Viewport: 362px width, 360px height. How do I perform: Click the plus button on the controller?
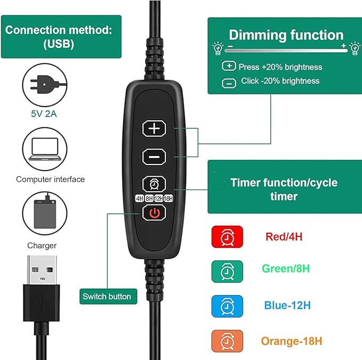pyautogui.click(x=154, y=128)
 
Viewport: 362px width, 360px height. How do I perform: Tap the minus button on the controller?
pyautogui.click(x=154, y=157)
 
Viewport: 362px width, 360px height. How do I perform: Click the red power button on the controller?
pyautogui.click(x=154, y=212)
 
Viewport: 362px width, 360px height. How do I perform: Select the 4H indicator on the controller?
pyautogui.click(x=140, y=198)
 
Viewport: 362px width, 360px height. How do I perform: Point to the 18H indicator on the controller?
pyautogui.click(x=168, y=198)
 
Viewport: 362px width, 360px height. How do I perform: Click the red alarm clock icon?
pyautogui.click(x=227, y=237)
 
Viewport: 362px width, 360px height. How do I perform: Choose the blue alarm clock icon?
pyautogui.click(x=227, y=306)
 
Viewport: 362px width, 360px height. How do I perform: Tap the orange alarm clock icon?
pyautogui.click(x=227, y=341)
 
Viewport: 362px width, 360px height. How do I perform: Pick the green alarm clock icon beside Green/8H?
pyautogui.click(x=227, y=272)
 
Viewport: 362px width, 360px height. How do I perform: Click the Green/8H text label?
pyautogui.click(x=286, y=269)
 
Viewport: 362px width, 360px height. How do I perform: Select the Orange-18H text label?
pyautogui.click(x=292, y=341)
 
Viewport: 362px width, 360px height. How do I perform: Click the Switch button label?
pyautogui.click(x=107, y=296)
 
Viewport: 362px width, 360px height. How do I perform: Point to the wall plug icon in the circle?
pyautogui.click(x=45, y=85)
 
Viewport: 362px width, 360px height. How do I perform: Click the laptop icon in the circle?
pyautogui.click(x=45, y=149)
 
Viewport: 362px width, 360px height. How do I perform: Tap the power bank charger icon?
pyautogui.click(x=45, y=214)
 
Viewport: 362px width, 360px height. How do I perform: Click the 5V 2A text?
pyautogui.click(x=44, y=113)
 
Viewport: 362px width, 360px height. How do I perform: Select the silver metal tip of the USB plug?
pyautogui.click(x=42, y=270)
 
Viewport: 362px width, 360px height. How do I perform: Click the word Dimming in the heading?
pyautogui.click(x=258, y=35)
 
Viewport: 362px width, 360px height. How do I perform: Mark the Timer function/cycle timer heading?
pyautogui.click(x=284, y=189)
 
